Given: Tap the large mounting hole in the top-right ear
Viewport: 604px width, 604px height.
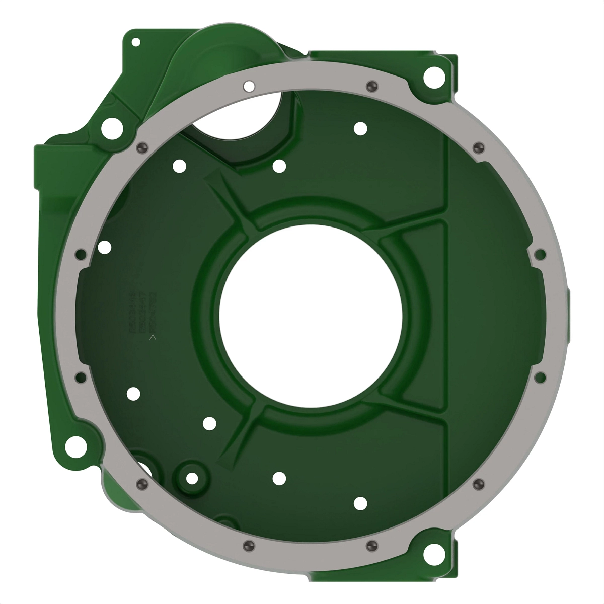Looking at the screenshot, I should [434, 77].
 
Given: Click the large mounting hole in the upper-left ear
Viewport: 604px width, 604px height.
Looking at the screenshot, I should [112, 128].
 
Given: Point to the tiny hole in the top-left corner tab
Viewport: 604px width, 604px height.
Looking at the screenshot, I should [135, 42].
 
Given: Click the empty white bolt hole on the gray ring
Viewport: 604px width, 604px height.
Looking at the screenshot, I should [248, 86].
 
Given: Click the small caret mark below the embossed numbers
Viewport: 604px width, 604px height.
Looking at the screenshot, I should [154, 338].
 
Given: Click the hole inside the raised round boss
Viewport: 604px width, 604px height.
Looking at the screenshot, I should [192, 478].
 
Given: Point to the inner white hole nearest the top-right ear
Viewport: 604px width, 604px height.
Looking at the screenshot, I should [360, 128].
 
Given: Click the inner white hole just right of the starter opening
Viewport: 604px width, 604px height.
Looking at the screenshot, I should [279, 166].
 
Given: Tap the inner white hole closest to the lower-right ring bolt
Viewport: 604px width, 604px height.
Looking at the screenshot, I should [360, 503].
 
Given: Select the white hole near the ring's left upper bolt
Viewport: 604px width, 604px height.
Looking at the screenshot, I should [104, 247].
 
